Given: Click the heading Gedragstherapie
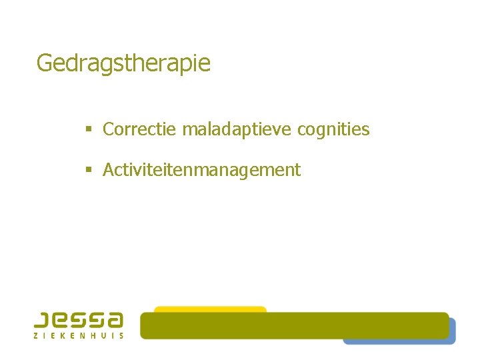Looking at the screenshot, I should [123, 63].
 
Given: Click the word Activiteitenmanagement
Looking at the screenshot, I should [201, 170].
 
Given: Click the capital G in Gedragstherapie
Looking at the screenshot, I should [45, 63].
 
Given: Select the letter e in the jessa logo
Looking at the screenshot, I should [61, 319].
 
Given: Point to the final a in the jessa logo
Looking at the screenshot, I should [115, 319].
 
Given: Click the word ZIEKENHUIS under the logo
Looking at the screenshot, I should [79, 335].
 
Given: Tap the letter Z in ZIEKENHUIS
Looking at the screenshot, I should [36, 335].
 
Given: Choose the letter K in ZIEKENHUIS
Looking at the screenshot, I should [68, 335].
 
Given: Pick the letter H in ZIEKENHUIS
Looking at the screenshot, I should [99, 335].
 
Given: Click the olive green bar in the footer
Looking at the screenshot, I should [293, 325].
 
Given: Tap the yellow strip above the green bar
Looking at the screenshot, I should [210, 309].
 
